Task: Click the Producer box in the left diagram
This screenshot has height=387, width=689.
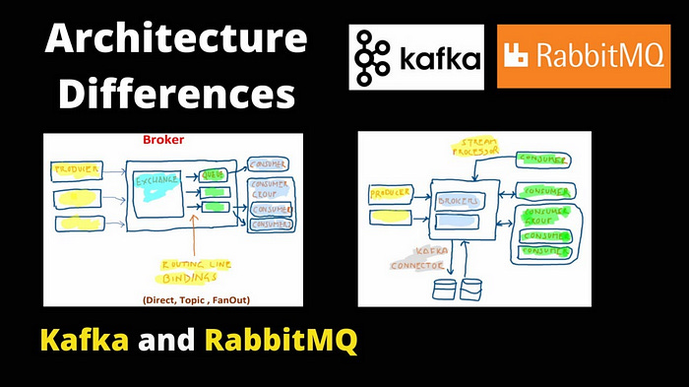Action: tap(76, 170)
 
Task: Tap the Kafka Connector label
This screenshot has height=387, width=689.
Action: tap(421, 258)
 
